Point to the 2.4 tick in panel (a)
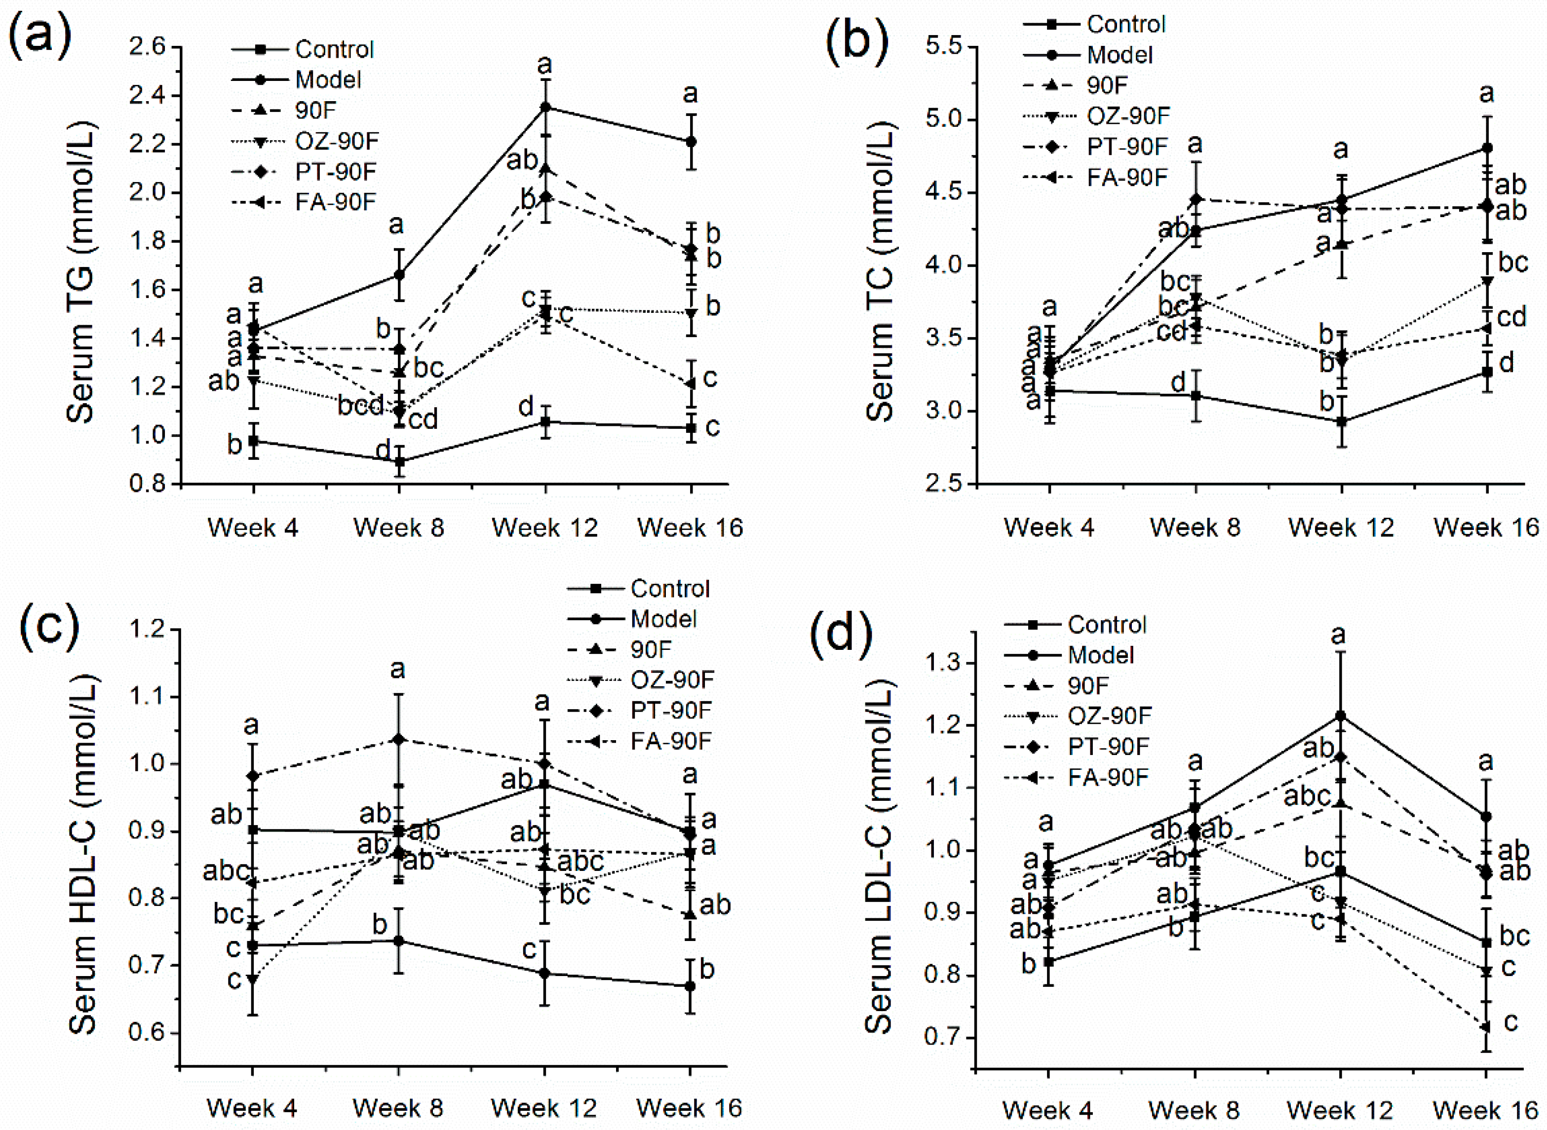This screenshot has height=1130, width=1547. coord(148,96)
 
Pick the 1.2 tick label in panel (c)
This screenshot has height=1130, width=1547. coord(148,629)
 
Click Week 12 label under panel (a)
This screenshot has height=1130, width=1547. coord(544,527)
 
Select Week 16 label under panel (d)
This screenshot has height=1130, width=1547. coord(1485,1109)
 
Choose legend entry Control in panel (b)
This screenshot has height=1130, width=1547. coord(1125,25)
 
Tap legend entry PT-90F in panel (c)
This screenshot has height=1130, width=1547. coord(670,711)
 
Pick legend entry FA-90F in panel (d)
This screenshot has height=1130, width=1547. coord(1108,777)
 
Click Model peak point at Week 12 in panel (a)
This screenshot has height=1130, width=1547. coord(545,108)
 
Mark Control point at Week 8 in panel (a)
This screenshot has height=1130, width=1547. coord(399,462)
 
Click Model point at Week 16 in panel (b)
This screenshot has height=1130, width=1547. coord(1486,148)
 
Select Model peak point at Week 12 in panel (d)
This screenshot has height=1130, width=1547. coord(1340,716)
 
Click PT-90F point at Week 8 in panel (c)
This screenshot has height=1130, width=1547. coord(399,739)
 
